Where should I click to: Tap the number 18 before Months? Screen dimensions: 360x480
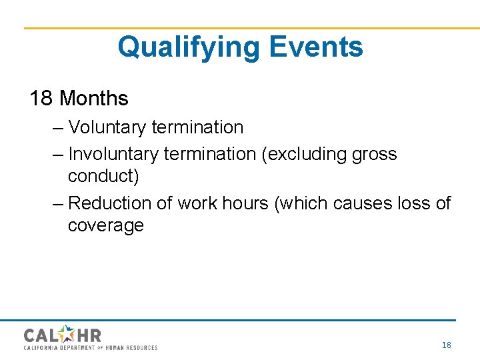[41, 99]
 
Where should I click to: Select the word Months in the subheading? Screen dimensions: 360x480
[94, 99]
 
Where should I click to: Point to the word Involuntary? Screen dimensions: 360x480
[113, 154]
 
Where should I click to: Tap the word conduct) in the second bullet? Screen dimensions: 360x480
[103, 177]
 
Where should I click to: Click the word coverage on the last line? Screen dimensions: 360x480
[105, 226]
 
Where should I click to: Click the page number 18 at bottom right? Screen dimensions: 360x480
[446, 345]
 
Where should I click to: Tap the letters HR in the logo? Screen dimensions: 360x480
[89, 335]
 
